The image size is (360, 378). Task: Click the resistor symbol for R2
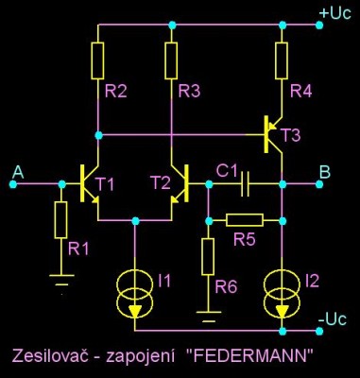[97, 60]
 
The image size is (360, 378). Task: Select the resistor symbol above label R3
[171, 60]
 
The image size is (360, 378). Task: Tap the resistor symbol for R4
[282, 60]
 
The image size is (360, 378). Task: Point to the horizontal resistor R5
[245, 220]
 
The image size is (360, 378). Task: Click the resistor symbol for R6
[208, 257]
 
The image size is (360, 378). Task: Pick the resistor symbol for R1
[60, 220]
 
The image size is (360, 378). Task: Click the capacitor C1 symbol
[245, 184]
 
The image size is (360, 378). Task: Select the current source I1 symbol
[135, 294]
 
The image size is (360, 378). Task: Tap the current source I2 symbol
[282, 294]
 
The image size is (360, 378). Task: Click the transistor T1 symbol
[88, 183]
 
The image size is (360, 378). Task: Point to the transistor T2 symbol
[180, 183]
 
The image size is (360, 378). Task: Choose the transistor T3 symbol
[272, 134]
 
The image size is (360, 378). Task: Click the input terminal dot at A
[13, 184]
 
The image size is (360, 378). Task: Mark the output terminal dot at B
[319, 184]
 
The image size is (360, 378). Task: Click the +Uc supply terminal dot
[319, 25]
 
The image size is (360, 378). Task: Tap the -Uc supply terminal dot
[319, 331]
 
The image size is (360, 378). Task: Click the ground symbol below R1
[61, 281]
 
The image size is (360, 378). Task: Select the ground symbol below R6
[208, 317]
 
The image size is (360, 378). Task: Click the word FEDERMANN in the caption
[249, 356]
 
